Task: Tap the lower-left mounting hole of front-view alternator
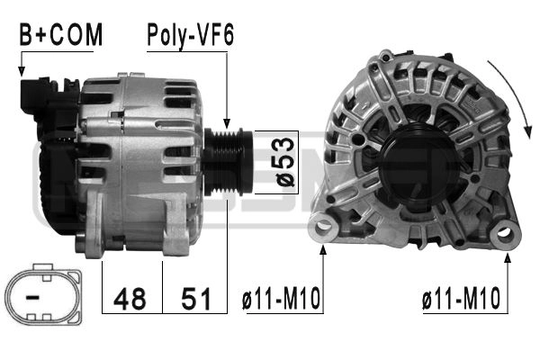pos(321,228)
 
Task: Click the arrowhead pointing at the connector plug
pos(21,70)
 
